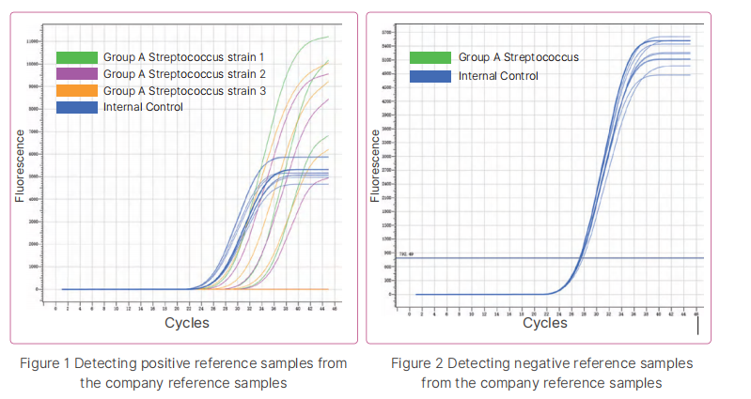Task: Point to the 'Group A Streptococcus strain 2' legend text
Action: click(x=185, y=74)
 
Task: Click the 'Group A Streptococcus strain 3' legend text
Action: click(x=185, y=91)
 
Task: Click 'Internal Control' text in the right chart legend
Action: click(x=498, y=75)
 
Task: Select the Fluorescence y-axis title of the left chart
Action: click(x=19, y=165)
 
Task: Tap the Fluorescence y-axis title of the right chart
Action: click(x=374, y=165)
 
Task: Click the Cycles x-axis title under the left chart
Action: click(x=187, y=322)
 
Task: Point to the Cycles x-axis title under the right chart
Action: click(x=545, y=322)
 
